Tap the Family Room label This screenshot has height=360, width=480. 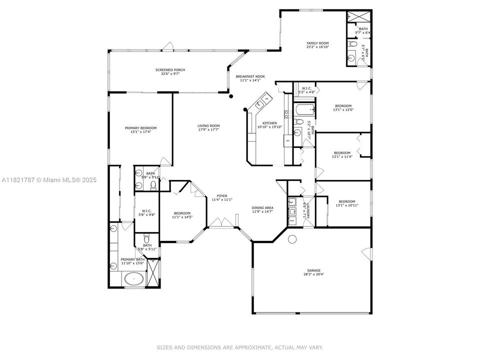coord(317,43)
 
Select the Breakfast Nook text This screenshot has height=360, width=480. coord(250,76)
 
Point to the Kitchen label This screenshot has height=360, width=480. coord(270,123)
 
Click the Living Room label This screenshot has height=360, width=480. coord(208,126)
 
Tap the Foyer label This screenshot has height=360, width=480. coord(221,196)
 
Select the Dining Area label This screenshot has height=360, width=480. coord(262,207)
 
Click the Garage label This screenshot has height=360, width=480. coord(314,270)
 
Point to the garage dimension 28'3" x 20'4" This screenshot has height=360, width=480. coord(314,274)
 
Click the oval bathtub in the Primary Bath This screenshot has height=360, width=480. coord(133,279)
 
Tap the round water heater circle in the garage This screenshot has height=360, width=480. coord(292,238)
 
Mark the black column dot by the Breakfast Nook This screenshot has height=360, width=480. coord(231,96)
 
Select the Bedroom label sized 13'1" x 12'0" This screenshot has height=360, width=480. coord(343,106)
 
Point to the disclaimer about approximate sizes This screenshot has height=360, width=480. coord(240,347)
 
